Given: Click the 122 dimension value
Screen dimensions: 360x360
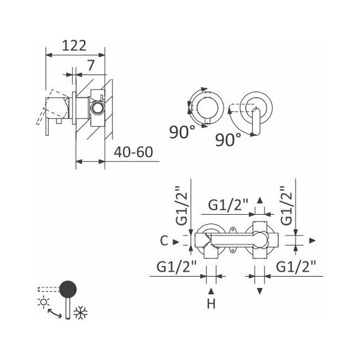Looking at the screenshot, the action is [74, 45].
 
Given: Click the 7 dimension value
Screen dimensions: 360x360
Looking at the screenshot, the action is [91, 66].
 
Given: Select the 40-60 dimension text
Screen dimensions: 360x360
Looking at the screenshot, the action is [133, 152].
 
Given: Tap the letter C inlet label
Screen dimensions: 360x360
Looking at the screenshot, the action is [164, 241].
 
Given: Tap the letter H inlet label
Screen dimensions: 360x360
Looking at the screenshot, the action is [211, 304].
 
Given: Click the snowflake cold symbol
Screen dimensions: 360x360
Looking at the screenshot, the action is [81, 313].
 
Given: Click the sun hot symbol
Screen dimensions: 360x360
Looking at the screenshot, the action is [44, 302].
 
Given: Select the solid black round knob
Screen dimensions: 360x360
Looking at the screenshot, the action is [68, 289].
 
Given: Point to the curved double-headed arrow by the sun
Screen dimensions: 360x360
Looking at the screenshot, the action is [54, 313].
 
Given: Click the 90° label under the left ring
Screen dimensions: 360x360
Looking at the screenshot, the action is [182, 132].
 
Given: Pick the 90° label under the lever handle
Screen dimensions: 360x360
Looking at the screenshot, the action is [228, 140].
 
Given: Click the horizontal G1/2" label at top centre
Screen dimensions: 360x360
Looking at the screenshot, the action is [228, 205].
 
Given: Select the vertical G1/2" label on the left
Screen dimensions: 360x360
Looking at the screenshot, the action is [181, 205].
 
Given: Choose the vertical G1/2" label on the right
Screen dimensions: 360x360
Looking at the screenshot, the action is [287, 205].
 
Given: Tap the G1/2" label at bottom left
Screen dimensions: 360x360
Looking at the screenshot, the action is [177, 267].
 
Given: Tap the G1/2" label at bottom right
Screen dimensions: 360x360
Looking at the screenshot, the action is [296, 267].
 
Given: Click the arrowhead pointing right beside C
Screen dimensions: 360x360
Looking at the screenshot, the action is [176, 242].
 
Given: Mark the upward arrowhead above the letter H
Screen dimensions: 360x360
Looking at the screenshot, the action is [211, 291].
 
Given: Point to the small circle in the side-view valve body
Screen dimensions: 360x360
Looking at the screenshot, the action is [98, 107].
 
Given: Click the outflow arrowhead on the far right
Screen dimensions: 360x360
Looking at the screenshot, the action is [312, 241].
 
